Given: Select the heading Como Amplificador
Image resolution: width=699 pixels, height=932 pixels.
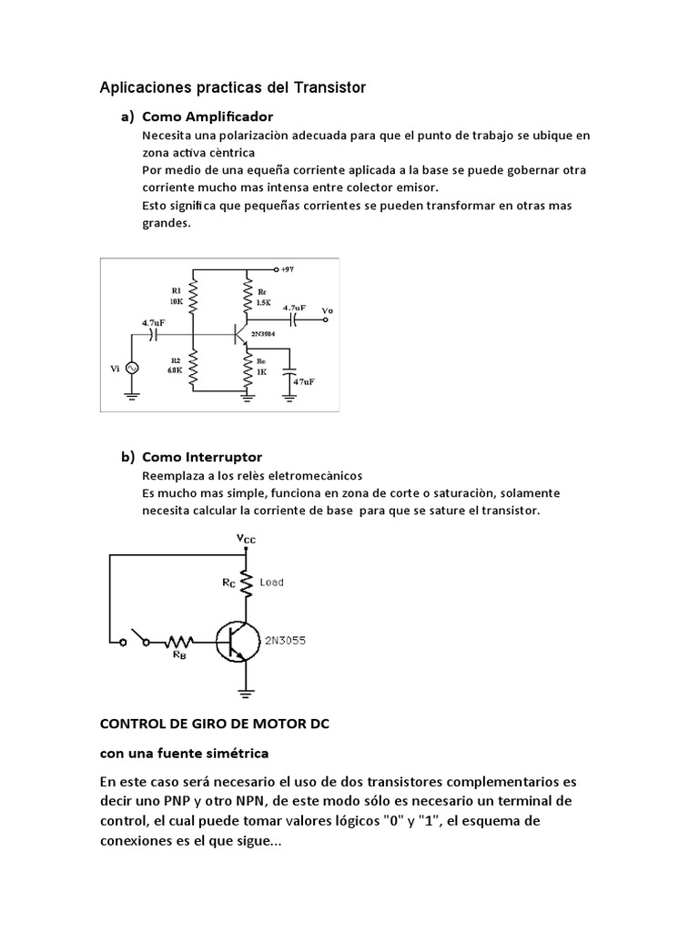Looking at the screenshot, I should click(x=208, y=116).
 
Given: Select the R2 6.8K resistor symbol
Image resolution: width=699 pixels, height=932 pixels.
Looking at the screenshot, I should click(x=193, y=366).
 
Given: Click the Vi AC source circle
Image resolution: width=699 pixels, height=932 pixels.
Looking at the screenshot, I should click(x=129, y=368).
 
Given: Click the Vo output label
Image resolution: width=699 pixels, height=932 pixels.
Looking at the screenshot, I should click(x=328, y=310).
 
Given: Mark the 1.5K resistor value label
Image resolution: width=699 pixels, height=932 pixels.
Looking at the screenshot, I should click(x=263, y=301).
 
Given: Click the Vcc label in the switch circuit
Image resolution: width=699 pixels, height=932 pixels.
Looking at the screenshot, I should click(x=247, y=540).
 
